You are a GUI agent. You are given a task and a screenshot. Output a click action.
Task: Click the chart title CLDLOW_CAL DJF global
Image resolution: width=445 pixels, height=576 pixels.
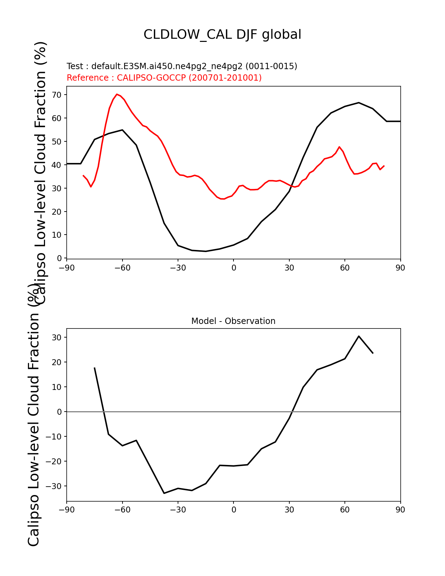222,35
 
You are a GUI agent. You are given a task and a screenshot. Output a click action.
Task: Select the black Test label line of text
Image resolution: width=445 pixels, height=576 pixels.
182,66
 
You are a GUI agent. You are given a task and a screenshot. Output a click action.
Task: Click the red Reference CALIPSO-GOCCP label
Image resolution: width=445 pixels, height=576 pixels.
164,78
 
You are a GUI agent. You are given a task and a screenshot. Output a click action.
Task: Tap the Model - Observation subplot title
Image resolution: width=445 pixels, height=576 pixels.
233,321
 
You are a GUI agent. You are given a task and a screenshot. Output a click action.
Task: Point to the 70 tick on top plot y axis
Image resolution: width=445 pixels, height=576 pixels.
57,95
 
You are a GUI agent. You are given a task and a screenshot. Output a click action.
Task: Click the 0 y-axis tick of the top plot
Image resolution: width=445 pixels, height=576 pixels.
60,258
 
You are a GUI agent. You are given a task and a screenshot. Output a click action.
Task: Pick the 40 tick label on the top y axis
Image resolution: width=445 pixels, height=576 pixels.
57,165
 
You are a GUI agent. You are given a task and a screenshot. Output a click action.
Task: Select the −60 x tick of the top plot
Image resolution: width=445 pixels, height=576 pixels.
122,268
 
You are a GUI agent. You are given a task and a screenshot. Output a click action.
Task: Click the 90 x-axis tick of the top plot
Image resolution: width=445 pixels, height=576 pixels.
400,268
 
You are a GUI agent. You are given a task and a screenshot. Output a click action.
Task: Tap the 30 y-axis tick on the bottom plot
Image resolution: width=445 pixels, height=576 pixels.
57,338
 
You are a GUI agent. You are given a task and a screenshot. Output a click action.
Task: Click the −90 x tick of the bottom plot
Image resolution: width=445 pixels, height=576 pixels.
67,510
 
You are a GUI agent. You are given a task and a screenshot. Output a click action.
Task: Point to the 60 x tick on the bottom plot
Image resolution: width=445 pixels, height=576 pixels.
345,510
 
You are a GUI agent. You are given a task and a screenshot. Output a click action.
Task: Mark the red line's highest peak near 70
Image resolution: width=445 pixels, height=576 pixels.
117,94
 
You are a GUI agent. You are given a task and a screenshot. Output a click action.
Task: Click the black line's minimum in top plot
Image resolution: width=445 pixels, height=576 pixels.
206,251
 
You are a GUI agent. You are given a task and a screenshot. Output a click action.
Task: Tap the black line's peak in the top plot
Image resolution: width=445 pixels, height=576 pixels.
359,103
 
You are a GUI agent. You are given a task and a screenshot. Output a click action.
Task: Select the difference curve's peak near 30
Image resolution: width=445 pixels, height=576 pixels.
359,336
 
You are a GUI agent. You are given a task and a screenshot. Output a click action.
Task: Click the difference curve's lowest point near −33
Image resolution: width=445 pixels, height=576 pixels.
164,493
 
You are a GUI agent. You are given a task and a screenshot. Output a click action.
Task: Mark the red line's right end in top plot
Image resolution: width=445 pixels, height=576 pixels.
384,166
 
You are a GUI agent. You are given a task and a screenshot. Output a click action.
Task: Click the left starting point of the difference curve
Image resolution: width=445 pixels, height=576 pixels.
95,368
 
